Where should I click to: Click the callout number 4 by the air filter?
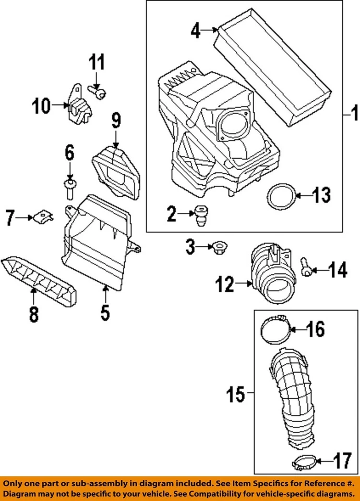(x=195, y=30)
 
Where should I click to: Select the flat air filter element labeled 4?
(x=273, y=68)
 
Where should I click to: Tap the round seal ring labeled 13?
(x=280, y=197)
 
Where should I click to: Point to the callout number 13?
(x=321, y=196)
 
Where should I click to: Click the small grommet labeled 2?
(x=200, y=215)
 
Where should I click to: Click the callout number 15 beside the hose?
(x=236, y=395)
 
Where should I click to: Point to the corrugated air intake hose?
(x=295, y=397)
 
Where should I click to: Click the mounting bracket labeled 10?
(x=79, y=107)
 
